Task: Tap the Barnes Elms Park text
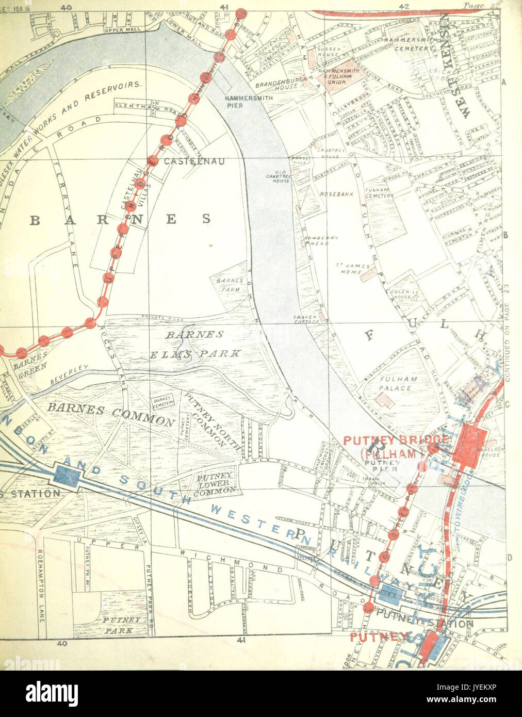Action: pyautogui.click(x=195, y=344)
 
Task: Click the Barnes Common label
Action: pyautogui.click(x=111, y=413)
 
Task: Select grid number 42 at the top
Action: pyautogui.click(x=403, y=6)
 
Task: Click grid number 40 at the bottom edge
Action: pyautogui.click(x=62, y=643)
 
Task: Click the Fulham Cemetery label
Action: pyautogui.click(x=379, y=192)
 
